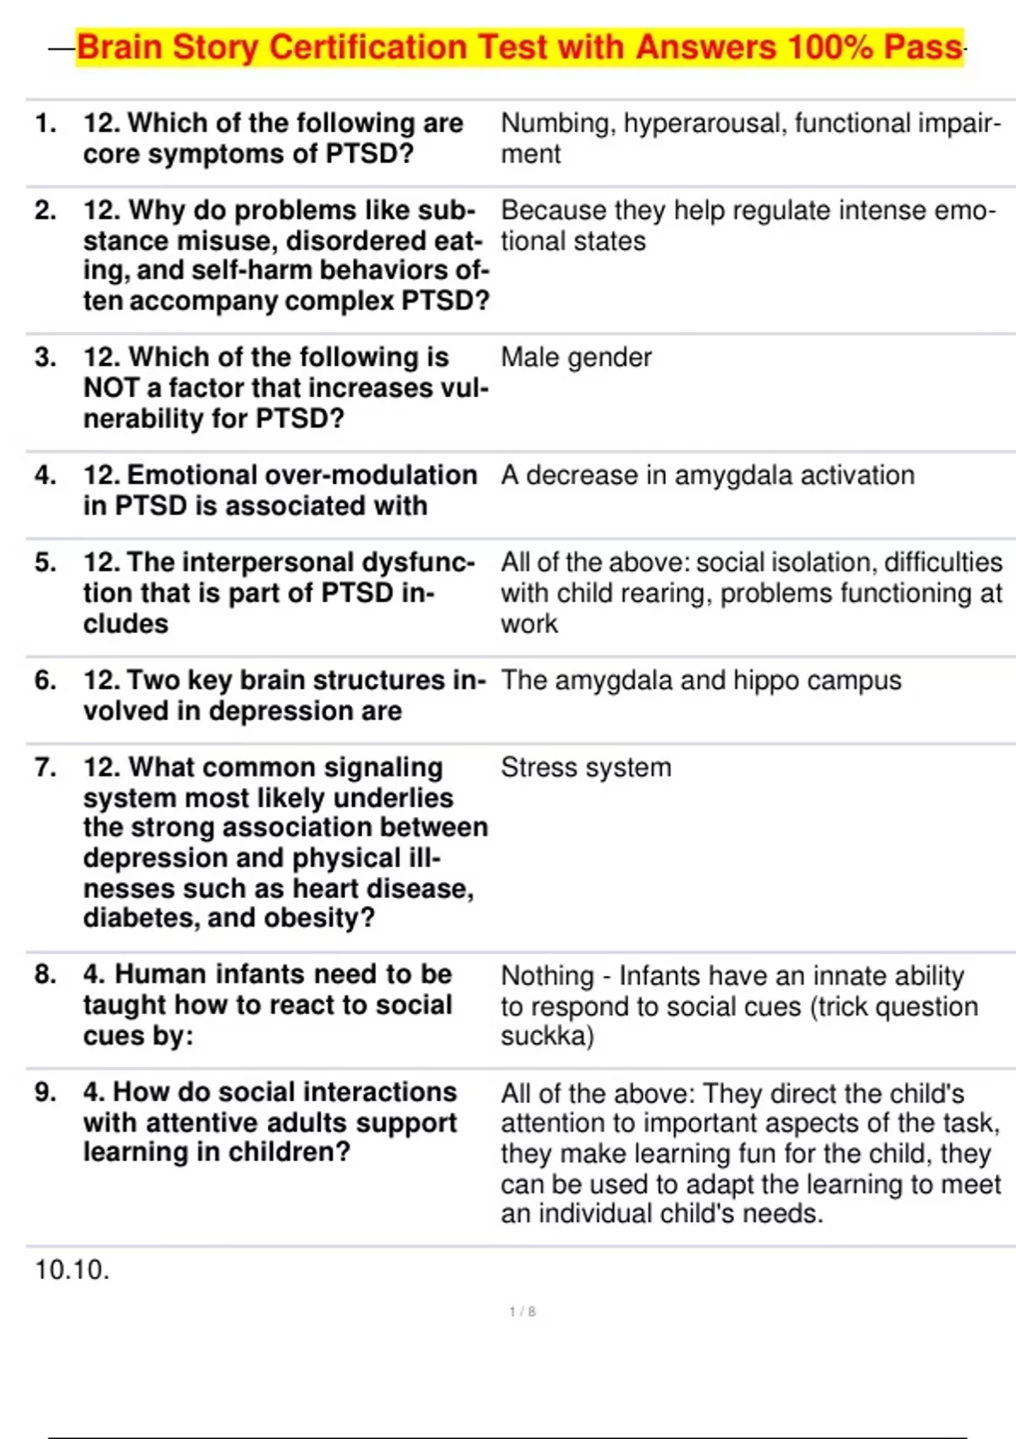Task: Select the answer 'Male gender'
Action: (x=576, y=357)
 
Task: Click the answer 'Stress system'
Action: (x=586, y=768)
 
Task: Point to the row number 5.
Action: (x=46, y=562)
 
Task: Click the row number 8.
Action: (x=46, y=974)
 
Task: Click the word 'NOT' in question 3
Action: (x=112, y=388)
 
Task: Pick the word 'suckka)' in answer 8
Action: (x=547, y=1036)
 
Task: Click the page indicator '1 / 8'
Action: (x=522, y=1311)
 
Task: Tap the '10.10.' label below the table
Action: (x=72, y=1270)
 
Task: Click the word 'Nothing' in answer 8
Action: (x=547, y=976)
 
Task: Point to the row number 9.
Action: (x=46, y=1092)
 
